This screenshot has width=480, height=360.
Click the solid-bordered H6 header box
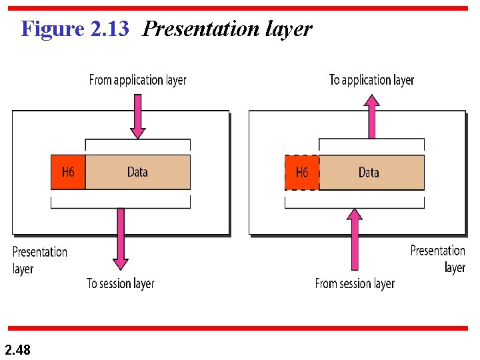click(68, 172)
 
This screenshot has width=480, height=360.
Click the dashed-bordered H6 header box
click(302, 173)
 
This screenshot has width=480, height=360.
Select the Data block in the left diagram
click(137, 172)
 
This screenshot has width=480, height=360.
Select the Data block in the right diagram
click(370, 173)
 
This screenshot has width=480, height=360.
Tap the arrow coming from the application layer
click(137, 115)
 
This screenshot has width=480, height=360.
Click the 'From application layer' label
click(138, 80)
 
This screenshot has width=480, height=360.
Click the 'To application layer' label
click(371, 80)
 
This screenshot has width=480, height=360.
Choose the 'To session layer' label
click(121, 283)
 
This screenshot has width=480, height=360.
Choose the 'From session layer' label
click(355, 283)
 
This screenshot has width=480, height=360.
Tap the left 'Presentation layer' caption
click(39, 260)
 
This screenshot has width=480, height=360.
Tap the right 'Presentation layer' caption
click(438, 259)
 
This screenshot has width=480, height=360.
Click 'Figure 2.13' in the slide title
click(75, 29)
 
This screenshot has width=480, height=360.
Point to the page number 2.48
click(17, 349)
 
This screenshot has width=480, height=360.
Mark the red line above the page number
click(240, 328)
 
